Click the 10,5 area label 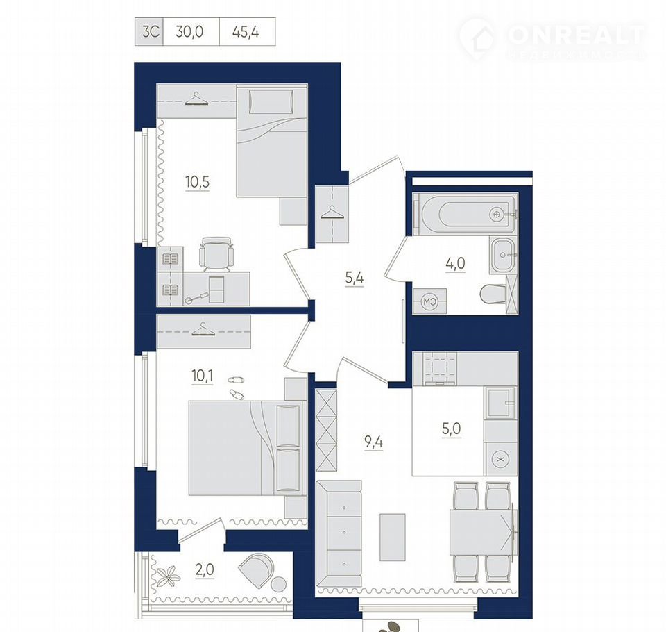point(198,182)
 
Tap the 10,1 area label point(203,376)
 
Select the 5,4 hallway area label point(355,278)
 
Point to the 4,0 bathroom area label point(455,264)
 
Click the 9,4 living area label point(374,442)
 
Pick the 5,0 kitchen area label point(451,429)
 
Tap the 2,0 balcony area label point(204,569)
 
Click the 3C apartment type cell point(150,32)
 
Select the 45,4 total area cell point(246,32)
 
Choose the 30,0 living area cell point(190,32)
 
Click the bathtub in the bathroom point(465,214)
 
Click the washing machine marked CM point(429,301)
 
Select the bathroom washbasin point(504,255)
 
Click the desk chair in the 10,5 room point(216,254)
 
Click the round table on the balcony point(279,584)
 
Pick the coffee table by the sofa point(393,537)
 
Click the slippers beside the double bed point(236,387)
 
